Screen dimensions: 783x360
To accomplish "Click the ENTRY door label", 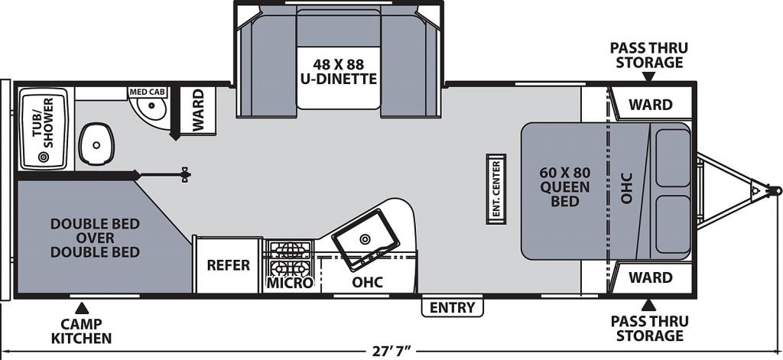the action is [x=453, y=307].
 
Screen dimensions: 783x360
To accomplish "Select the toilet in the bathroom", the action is [x=97, y=144].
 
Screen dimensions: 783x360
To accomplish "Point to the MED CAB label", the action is [x=148, y=92].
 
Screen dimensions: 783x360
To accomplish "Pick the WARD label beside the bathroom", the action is [x=198, y=110].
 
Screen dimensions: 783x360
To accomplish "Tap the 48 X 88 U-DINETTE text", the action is [x=338, y=71].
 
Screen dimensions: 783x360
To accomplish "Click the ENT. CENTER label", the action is [x=495, y=190].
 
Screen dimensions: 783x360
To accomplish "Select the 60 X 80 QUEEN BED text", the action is [x=565, y=186].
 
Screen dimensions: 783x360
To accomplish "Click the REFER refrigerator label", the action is [x=228, y=265].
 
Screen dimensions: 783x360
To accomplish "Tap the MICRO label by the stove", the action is [x=290, y=283].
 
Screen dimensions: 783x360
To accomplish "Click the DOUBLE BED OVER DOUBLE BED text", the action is [x=95, y=238].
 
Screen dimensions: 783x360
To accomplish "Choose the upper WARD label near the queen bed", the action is [x=650, y=105].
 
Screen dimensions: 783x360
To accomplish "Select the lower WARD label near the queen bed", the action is [x=650, y=277].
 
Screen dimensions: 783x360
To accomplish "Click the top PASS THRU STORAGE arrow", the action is [x=648, y=76].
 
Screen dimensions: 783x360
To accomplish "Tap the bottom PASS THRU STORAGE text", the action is [x=649, y=328].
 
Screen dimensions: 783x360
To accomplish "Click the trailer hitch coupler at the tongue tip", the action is [x=775, y=190].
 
